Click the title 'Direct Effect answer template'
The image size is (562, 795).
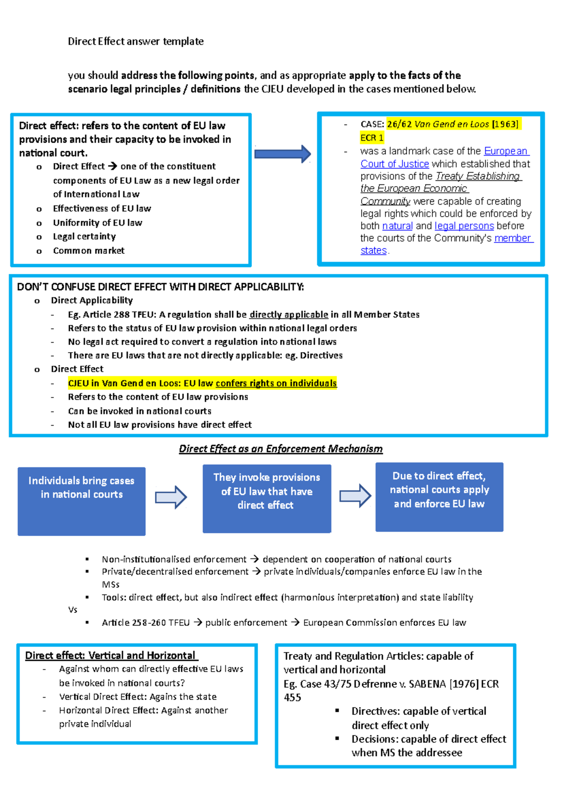click(x=135, y=41)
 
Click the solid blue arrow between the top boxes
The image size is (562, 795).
click(x=282, y=154)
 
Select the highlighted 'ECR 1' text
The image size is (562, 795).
click(x=372, y=138)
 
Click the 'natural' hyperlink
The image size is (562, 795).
click(x=397, y=226)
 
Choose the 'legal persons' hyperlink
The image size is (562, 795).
click(x=464, y=226)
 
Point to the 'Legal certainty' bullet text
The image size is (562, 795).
click(x=84, y=236)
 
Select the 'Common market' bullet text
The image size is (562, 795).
click(x=89, y=250)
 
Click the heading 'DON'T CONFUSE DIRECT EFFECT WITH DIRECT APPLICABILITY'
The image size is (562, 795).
click(x=160, y=287)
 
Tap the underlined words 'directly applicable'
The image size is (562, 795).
click(x=288, y=315)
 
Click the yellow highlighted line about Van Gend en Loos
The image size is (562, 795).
click(x=202, y=383)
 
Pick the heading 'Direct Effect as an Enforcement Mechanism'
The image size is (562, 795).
click(x=281, y=449)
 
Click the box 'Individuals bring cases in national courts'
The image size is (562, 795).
click(x=81, y=501)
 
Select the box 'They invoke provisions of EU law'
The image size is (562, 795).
click(x=266, y=498)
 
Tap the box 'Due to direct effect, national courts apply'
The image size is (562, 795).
click(x=439, y=497)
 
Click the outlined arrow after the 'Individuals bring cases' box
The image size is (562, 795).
click(x=171, y=497)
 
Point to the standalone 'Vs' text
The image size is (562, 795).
click(x=73, y=610)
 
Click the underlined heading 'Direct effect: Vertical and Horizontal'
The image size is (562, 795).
click(x=111, y=655)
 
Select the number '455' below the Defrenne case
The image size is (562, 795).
click(x=292, y=698)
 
